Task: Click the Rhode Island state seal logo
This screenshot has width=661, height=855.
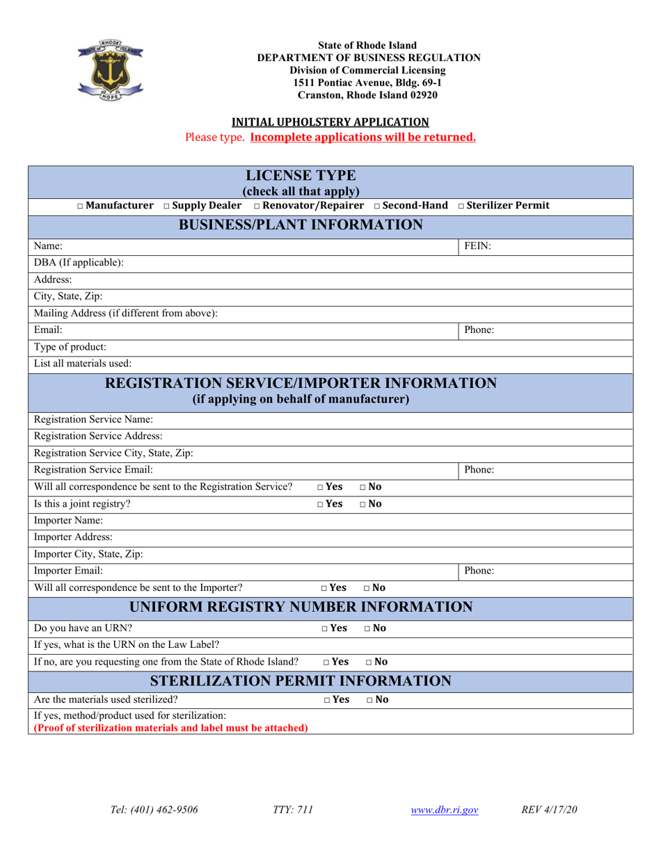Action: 110,68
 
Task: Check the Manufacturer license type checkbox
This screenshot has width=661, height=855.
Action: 81,206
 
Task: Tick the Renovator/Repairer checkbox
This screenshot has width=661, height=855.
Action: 257,206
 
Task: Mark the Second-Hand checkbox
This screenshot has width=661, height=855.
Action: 377,206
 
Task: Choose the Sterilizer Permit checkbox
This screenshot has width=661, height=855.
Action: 462,206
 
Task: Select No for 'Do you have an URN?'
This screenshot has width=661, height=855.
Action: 368,628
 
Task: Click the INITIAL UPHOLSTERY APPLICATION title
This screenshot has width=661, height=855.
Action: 330,121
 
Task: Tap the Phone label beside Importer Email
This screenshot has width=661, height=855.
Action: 479,571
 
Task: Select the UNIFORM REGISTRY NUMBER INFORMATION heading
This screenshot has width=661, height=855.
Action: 301,607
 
